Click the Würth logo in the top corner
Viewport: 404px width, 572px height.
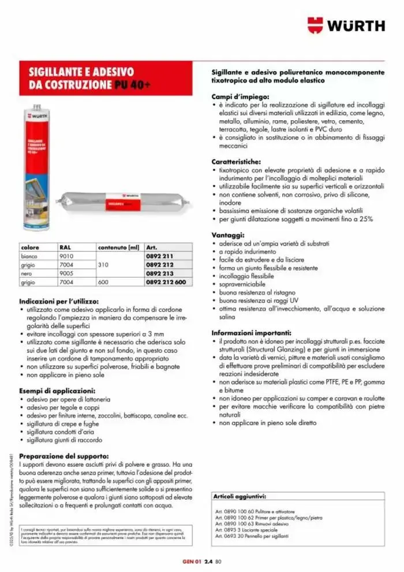coord(346,25)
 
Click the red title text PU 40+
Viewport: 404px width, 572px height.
coord(131,85)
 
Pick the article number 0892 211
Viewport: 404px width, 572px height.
coord(160,255)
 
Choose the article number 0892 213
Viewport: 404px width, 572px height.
coord(160,273)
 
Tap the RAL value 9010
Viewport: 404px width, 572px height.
coord(68,255)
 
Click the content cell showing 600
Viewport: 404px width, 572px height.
coord(103,283)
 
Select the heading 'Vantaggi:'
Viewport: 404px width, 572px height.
coord(229,236)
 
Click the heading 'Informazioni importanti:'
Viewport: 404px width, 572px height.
coord(251,333)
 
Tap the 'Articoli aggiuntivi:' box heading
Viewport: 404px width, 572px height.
coord(240,496)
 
